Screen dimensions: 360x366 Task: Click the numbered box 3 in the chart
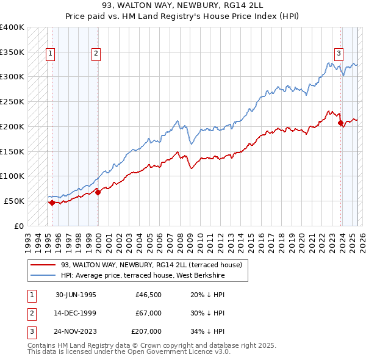[338, 53]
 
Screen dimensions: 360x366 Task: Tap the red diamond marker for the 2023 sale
[340, 123]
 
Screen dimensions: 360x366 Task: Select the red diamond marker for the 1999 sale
[98, 193]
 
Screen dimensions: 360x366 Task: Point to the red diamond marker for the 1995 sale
[52, 203]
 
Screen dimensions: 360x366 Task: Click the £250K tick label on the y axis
[13, 101]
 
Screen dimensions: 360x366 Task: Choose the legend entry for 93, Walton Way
[152, 265]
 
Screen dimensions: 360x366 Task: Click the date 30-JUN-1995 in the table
[76, 295]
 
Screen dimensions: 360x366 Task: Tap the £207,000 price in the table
[146, 331]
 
